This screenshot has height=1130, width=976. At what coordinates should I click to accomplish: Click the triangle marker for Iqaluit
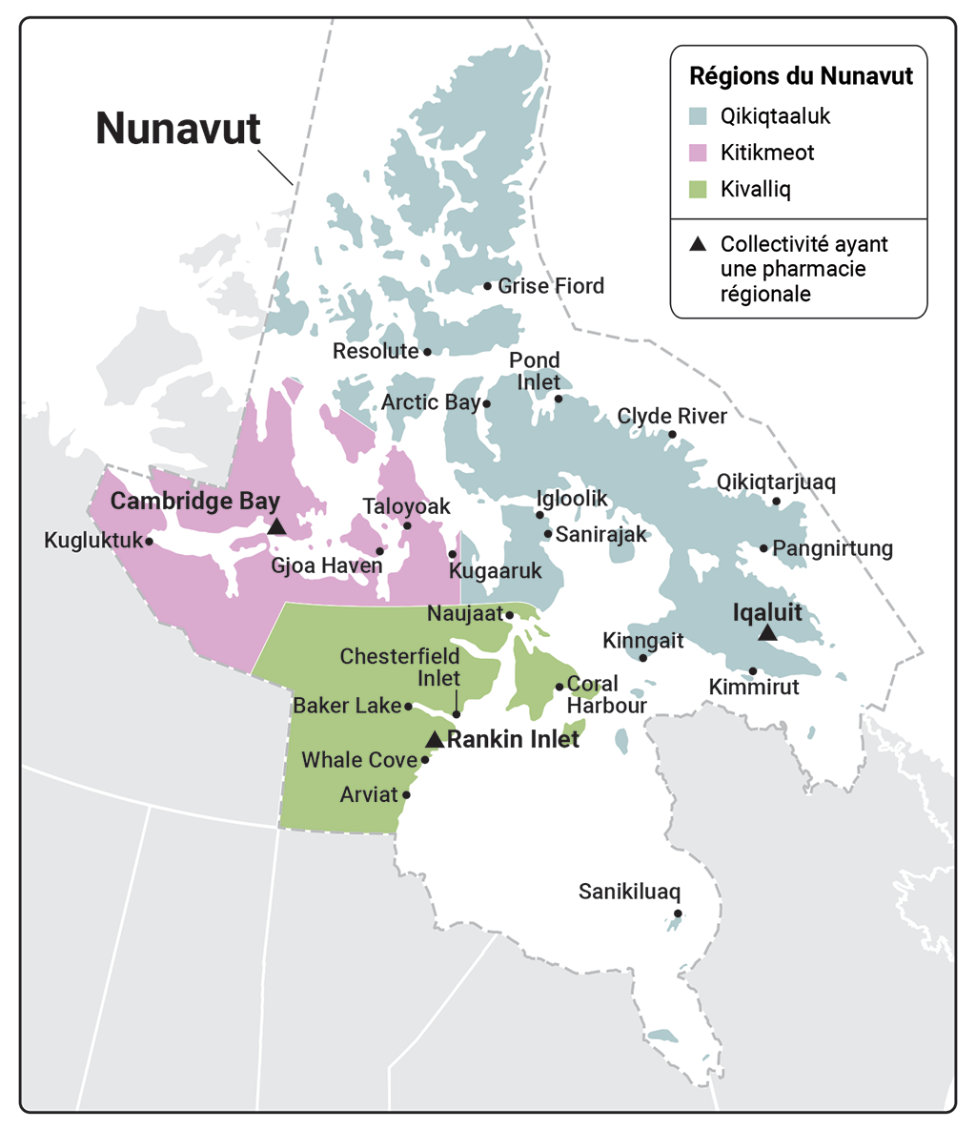click(767, 633)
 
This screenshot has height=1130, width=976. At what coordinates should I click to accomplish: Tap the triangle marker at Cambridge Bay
click(276, 526)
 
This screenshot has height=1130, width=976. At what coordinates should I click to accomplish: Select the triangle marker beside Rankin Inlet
click(435, 739)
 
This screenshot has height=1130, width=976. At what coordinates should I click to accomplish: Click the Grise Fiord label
click(551, 286)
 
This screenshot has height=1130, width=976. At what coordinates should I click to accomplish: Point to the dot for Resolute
click(427, 352)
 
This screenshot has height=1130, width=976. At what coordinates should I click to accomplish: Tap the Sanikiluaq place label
click(629, 893)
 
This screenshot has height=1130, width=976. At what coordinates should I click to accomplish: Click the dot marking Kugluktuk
click(150, 541)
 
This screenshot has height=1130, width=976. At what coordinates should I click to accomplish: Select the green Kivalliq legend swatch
click(699, 189)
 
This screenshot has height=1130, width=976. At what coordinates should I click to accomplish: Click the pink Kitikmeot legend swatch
click(699, 153)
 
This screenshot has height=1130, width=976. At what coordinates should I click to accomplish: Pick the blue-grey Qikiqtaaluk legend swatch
click(699, 116)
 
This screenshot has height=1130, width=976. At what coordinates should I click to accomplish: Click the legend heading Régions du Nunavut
click(801, 76)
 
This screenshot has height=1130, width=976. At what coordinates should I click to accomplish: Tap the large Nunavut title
click(178, 129)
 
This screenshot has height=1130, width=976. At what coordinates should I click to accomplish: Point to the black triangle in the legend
click(699, 245)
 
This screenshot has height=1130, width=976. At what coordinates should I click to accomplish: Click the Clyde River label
click(672, 417)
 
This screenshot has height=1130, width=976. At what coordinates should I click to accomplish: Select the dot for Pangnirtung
click(763, 548)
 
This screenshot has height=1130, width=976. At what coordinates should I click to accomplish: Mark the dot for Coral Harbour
click(559, 687)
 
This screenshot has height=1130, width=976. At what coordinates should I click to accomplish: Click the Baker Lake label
click(347, 707)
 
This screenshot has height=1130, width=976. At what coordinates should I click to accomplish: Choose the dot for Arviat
click(407, 794)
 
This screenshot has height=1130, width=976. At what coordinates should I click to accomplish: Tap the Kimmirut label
click(754, 688)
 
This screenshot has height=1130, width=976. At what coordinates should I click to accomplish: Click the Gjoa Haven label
click(326, 566)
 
